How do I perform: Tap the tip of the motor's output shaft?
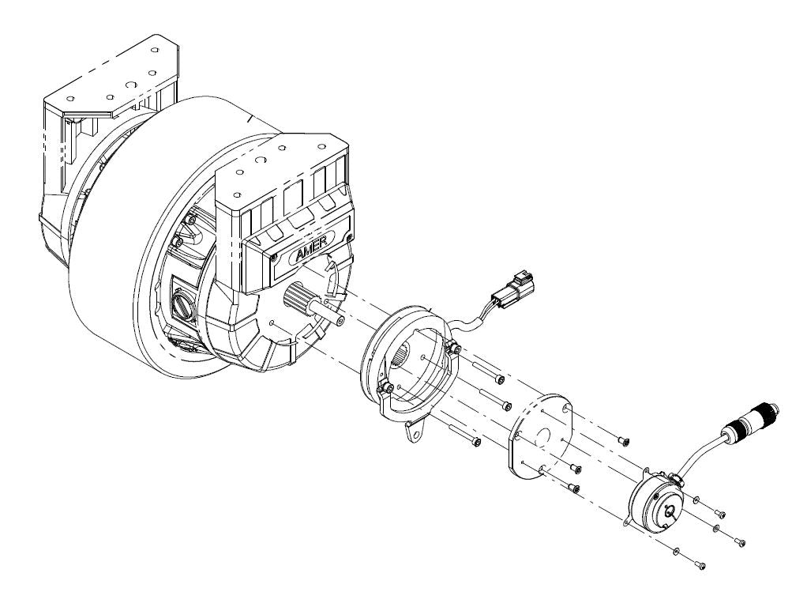pos(339,320)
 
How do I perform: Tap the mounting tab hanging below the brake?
pos(413,432)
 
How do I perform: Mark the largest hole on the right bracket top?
pos(258,157)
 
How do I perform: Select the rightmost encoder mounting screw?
pos(739,542)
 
